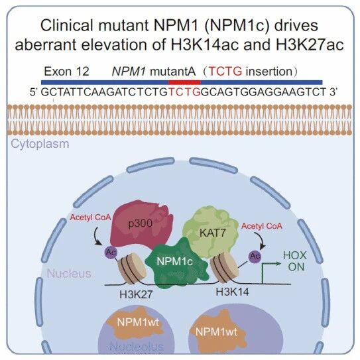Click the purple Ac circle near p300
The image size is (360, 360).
tap(111, 253)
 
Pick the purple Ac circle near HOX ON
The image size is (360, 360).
tap(255, 256)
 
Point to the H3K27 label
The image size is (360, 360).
tap(136, 294)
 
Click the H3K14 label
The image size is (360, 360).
tap(232, 292)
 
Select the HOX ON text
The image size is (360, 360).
tap(295, 261)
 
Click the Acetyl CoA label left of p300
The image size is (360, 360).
tap(90, 217)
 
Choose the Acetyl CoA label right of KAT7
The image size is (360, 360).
tap(262, 226)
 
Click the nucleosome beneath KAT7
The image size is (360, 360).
tap(225, 267)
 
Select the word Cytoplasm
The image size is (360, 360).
tap(40, 145)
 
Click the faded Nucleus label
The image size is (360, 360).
tap(69, 273)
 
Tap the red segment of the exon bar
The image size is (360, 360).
tap(184, 82)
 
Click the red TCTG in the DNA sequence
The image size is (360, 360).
tap(184, 92)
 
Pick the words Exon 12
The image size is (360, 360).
tap(66, 72)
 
